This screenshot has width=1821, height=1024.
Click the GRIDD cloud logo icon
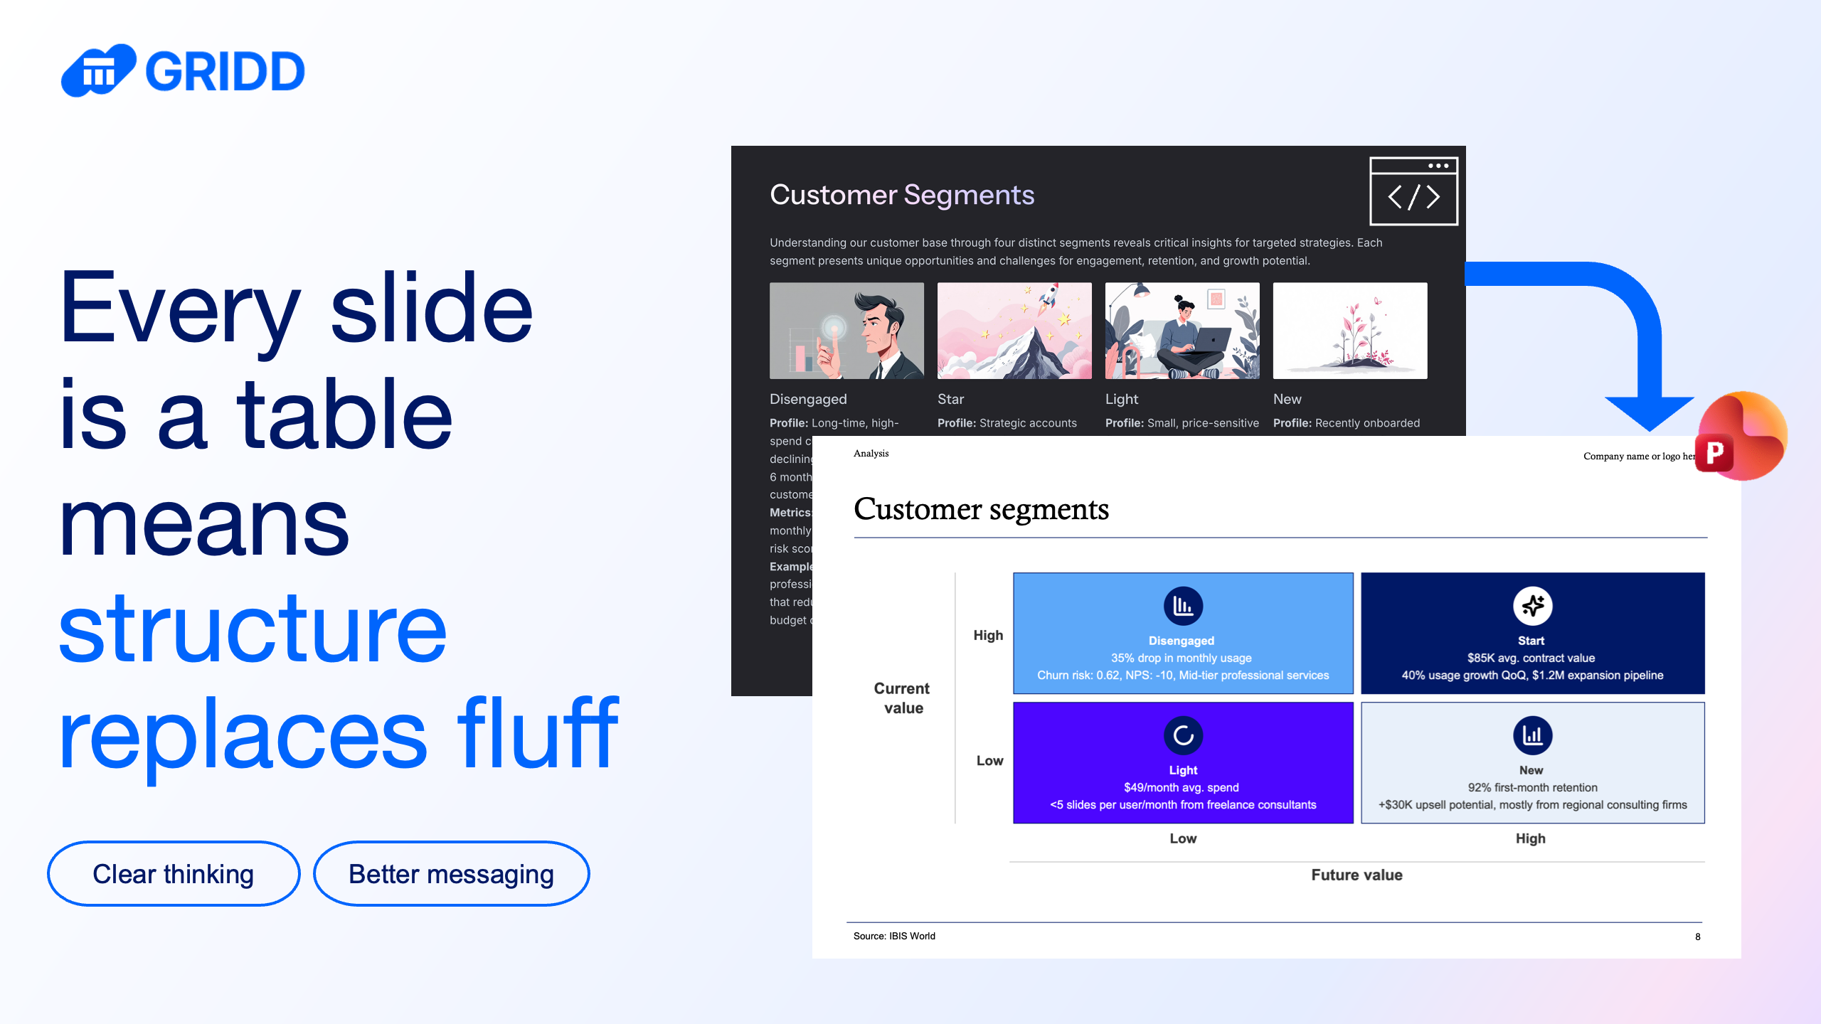pyautogui.click(x=98, y=70)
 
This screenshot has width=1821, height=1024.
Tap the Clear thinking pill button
pyautogui.click(x=174, y=873)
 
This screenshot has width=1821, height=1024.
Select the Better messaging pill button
pyautogui.click(x=451, y=873)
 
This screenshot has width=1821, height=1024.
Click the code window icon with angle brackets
pyautogui.click(x=1413, y=191)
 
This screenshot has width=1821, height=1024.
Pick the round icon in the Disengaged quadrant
pyautogui.click(x=1183, y=606)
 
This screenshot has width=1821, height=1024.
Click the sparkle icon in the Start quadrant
pyautogui.click(x=1532, y=606)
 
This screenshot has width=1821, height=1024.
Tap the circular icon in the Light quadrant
pyautogui.click(x=1183, y=735)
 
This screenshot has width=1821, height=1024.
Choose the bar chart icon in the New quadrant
pyautogui.click(x=1532, y=735)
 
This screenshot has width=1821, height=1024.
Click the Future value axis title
pyautogui.click(x=1357, y=875)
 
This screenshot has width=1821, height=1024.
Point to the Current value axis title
pyautogui.click(x=902, y=698)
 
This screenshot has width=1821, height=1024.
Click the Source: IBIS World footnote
pyautogui.click(x=894, y=936)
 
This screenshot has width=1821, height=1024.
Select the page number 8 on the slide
pyautogui.click(x=1697, y=937)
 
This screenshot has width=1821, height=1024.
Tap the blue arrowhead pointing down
pyautogui.click(x=1650, y=413)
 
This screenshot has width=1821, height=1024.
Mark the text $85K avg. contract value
pyautogui.click(x=1531, y=658)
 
